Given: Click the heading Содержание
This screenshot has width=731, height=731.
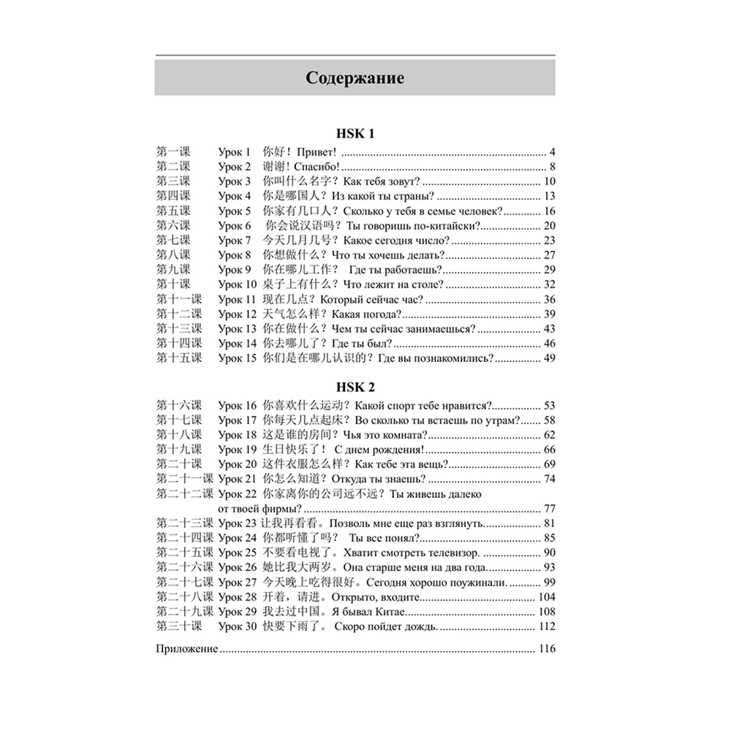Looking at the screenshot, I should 355,77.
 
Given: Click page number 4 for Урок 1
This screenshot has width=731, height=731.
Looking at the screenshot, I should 553,152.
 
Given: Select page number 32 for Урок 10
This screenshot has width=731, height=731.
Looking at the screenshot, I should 550,284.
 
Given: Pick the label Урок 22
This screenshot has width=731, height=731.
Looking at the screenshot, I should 238,493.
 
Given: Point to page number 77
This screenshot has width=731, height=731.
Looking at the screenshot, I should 550,508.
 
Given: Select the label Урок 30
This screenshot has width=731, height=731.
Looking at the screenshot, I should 238,626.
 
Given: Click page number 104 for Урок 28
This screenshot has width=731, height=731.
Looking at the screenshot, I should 547,596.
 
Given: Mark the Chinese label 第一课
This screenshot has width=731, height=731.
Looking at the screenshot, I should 173,152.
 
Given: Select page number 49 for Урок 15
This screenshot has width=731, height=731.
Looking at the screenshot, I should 550,358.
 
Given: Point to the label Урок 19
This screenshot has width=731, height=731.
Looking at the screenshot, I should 238,449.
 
